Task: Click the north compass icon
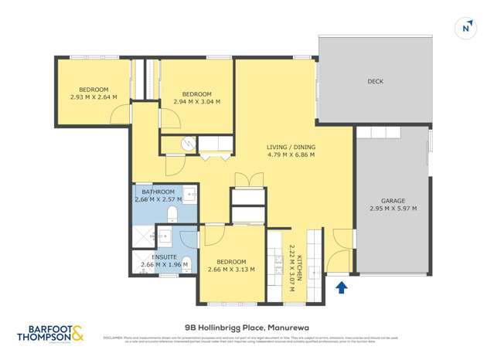[x=466, y=27]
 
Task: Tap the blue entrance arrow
[x=342, y=288]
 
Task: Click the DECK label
[x=375, y=81]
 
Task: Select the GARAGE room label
[x=393, y=199]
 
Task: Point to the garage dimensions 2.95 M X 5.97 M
[x=393, y=209]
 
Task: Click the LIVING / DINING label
[x=291, y=146]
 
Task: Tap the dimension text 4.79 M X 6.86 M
[x=291, y=155]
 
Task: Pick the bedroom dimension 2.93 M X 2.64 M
[x=93, y=97]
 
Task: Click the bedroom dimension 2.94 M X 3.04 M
[x=196, y=101]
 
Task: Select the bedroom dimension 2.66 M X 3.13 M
[x=231, y=270]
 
